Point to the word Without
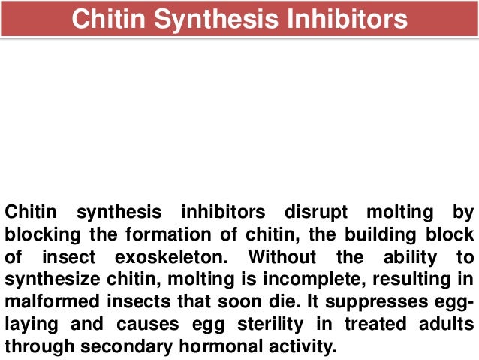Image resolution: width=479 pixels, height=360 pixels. click(x=282, y=257)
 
